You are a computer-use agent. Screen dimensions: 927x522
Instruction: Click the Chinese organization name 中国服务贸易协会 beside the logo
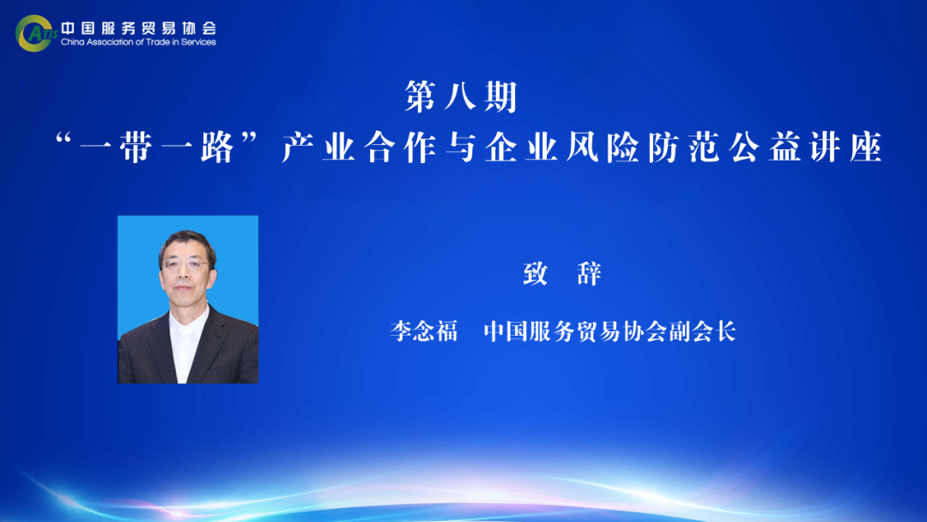139,27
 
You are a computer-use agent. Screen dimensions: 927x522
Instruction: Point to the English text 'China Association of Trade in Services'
138,42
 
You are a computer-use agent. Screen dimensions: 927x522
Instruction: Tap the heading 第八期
461,96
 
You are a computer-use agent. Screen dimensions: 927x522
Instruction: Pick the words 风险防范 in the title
643,148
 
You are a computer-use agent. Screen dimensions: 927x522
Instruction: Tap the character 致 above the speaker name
536,274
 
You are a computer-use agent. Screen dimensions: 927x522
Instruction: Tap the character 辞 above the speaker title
589,274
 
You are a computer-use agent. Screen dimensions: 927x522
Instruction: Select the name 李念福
424,331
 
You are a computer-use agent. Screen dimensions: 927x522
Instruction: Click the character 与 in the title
460,148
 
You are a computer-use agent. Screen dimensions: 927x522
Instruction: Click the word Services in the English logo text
198,42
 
